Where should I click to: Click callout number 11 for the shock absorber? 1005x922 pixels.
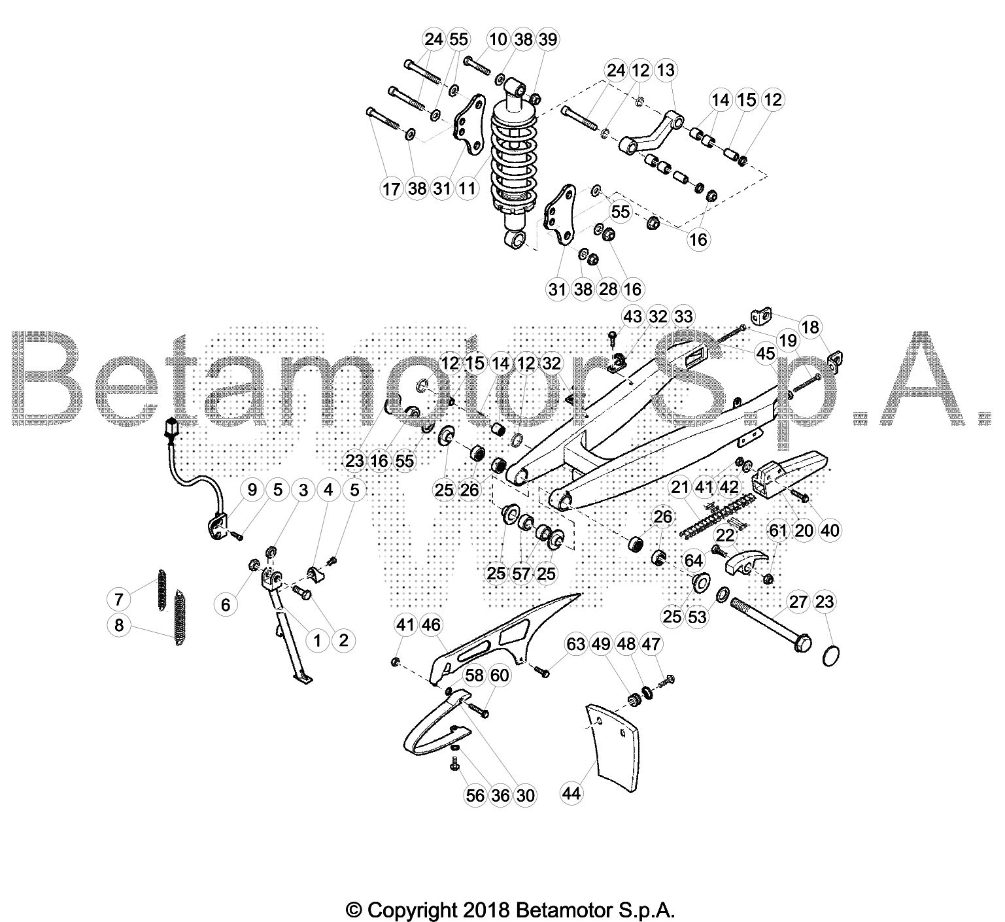click(468, 188)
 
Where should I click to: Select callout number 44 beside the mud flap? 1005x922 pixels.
click(572, 794)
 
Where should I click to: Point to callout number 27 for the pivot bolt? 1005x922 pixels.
click(798, 602)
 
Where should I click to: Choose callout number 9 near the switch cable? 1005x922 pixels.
click(252, 489)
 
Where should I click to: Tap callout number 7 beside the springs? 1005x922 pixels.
click(119, 599)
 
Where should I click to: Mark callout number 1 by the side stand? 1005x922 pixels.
click(317, 640)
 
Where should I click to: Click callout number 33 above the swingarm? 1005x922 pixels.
click(683, 316)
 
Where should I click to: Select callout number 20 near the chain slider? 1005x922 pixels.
click(804, 530)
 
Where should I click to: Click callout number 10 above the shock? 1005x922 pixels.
click(498, 39)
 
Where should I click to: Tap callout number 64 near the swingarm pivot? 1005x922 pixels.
click(693, 560)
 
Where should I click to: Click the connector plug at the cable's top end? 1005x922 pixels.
click(173, 426)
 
